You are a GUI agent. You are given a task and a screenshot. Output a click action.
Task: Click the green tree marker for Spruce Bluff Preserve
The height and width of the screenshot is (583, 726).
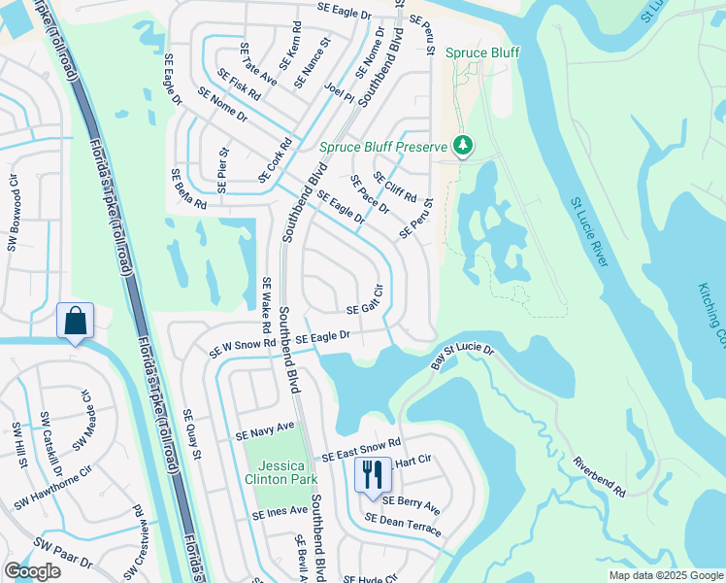pos(463,147)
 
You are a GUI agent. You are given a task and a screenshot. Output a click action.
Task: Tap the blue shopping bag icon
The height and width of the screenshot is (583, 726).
pos(75,321)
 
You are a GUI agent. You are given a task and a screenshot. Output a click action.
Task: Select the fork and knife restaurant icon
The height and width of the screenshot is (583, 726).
pos(372,476)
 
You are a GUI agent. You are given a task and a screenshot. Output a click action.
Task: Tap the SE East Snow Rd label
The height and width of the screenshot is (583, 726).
pos(361,450)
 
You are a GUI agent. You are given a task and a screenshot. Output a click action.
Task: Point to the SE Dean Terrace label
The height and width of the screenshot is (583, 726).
pos(403,526)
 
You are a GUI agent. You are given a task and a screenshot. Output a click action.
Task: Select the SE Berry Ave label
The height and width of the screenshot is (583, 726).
pos(411,505)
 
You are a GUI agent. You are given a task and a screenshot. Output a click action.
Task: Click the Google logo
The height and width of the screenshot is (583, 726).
pos(32,571)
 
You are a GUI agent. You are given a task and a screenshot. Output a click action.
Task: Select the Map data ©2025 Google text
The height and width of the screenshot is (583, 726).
pos(665,575)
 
